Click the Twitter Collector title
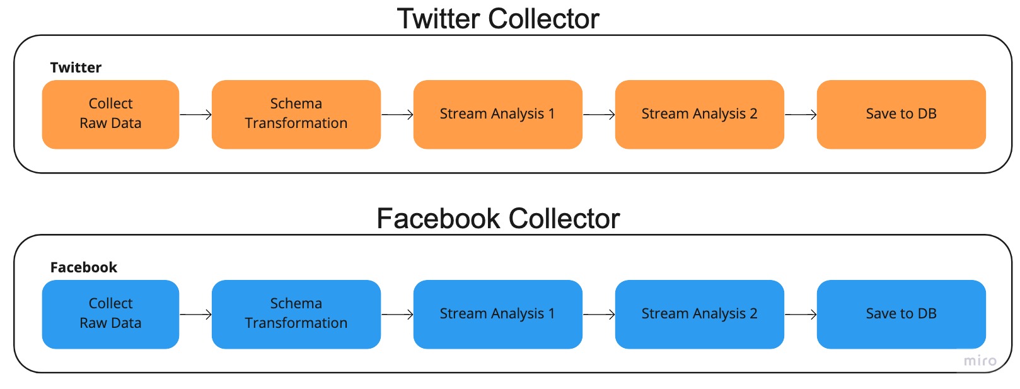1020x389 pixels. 498,19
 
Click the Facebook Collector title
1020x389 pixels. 498,219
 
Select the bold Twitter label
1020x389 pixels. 76,67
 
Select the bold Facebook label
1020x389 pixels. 84,267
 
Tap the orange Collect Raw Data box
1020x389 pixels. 110,114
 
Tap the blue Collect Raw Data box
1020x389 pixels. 110,314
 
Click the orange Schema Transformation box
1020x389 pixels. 296,114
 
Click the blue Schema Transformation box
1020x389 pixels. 296,314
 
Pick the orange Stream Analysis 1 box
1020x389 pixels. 497,114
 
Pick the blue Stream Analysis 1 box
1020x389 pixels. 497,314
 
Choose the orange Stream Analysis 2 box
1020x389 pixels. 699,114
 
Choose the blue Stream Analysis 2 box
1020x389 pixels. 699,314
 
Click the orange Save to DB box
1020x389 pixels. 901,114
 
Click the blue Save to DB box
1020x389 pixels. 901,314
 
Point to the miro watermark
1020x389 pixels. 980,361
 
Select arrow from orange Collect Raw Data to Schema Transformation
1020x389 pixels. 195,115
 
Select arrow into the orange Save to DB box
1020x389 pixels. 801,115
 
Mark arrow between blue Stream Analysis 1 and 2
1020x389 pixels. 599,314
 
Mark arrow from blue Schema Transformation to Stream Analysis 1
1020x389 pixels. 397,314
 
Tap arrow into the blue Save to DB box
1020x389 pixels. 801,314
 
